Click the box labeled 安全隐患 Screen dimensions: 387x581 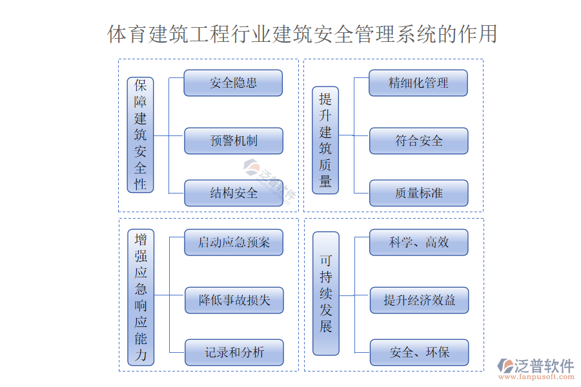[x=233, y=83]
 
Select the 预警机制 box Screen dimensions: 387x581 [x=233, y=141]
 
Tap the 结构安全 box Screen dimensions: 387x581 [x=233, y=193]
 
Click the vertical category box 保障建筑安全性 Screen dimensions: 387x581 [x=141, y=134]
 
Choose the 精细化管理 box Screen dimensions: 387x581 [x=418, y=83]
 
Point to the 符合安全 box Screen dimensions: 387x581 [x=418, y=141]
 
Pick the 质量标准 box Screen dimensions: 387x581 [x=418, y=193]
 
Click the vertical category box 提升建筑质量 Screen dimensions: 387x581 [x=325, y=140]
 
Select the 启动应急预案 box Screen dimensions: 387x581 [x=234, y=243]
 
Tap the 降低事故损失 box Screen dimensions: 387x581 [x=234, y=301]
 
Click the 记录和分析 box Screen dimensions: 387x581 [x=234, y=353]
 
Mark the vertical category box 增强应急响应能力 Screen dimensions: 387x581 [x=141, y=297]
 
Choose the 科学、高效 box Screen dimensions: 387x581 [x=418, y=243]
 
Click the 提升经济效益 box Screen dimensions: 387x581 [x=418, y=301]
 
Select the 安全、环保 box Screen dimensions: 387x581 [x=418, y=353]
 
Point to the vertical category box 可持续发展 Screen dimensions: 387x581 [x=325, y=293]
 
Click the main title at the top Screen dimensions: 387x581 [x=302, y=34]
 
